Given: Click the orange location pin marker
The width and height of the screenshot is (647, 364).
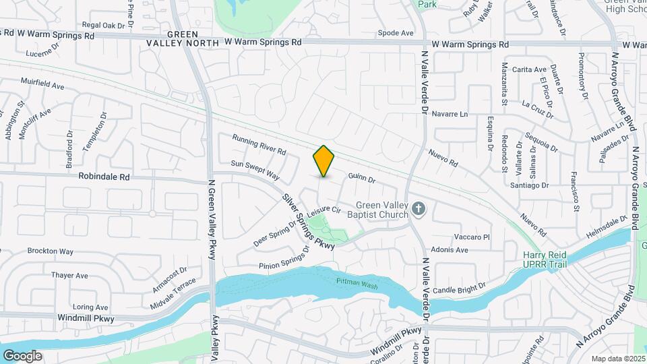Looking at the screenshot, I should (x=324, y=161).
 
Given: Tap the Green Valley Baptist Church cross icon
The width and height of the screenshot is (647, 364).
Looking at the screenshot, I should (x=419, y=209).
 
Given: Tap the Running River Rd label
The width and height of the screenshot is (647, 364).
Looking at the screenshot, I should (x=259, y=143).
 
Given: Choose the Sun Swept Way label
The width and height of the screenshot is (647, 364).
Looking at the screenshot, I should (x=255, y=169).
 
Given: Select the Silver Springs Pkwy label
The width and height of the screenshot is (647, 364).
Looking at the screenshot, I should (x=308, y=222).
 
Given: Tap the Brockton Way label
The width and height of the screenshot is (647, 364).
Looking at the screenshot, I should (x=51, y=251).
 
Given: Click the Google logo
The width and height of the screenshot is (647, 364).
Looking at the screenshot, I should (x=22, y=355).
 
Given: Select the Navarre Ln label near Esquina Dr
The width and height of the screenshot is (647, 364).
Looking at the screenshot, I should (x=450, y=114).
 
